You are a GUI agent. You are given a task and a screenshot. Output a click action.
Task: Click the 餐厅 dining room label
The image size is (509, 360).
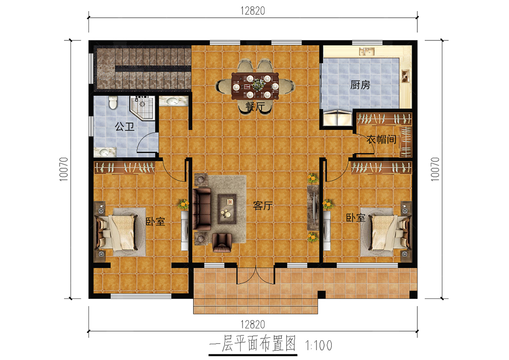coord(255,107)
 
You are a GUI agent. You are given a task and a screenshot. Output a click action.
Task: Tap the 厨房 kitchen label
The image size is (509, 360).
coord(360,85)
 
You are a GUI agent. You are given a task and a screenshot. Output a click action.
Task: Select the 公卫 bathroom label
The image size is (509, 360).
coord(125,126)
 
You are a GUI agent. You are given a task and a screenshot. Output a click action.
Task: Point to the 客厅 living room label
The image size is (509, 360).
coord(263,205)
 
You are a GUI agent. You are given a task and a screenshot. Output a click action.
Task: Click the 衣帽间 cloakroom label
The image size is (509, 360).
coord(381,139)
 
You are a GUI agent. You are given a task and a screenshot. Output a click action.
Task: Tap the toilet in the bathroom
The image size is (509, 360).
coord(113,102)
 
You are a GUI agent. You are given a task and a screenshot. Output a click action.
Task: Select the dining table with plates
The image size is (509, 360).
coord(255,86)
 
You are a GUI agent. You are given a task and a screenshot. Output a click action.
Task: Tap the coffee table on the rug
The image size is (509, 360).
coord(227,209)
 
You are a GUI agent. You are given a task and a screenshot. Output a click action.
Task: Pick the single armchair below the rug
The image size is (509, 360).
coord(222,243)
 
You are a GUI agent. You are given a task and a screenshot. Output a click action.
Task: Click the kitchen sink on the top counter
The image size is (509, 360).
coord(366,51)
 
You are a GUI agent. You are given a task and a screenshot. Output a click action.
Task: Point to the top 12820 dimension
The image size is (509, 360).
coord(253,11)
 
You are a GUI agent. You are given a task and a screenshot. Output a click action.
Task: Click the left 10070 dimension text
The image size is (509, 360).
coord(63,169)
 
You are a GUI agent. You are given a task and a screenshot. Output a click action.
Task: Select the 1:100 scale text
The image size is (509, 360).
coord(318,346)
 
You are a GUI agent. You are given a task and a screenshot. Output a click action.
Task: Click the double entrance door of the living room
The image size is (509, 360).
coord(256,275)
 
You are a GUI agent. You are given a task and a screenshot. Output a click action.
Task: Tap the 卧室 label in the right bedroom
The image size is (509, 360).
coord(355,218)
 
